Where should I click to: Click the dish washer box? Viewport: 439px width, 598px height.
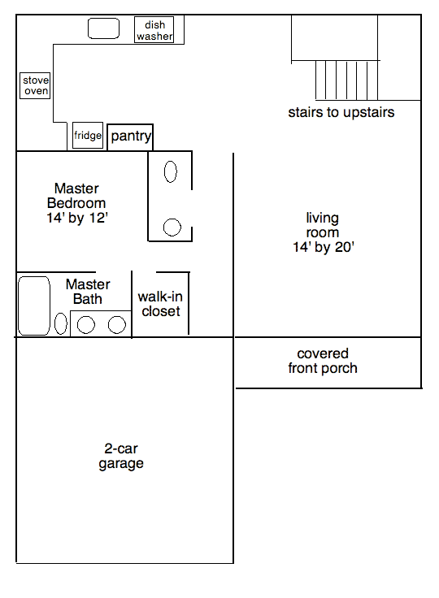click(x=154, y=30)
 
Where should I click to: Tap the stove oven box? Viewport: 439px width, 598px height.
click(x=36, y=85)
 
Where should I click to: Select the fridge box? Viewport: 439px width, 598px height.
click(x=88, y=136)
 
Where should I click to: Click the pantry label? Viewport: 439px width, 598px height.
click(x=131, y=136)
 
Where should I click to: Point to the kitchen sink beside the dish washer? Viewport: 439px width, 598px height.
click(x=104, y=29)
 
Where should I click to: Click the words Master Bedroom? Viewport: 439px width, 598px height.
click(x=76, y=196)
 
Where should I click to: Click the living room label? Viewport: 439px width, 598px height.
click(x=323, y=225)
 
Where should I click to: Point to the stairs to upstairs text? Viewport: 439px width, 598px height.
click(x=341, y=113)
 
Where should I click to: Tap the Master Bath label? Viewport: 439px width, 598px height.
click(x=88, y=292)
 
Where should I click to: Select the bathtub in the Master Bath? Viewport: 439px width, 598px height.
click(x=34, y=305)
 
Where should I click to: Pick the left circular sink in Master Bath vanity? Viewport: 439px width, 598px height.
click(x=86, y=325)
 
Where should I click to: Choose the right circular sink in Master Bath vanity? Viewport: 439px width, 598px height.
click(x=117, y=325)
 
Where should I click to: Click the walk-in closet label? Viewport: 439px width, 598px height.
click(x=161, y=304)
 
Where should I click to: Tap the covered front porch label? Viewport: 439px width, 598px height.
click(x=323, y=361)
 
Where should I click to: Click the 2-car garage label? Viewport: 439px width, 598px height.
click(x=121, y=456)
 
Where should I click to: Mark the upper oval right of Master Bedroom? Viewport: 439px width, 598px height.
click(x=171, y=171)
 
